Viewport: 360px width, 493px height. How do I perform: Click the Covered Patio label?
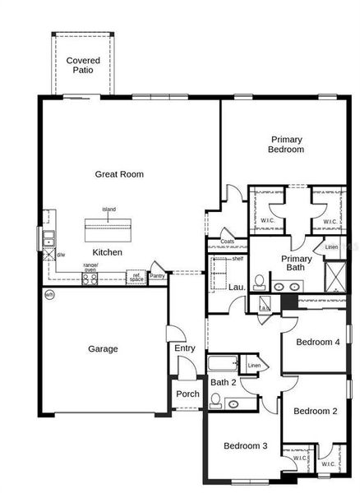pyautogui.click(x=83, y=65)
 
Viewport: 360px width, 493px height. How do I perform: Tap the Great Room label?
pyautogui.click(x=119, y=173)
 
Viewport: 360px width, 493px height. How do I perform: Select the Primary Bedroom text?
pyautogui.click(x=286, y=145)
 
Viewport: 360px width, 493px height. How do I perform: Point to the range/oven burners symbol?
pyautogui.click(x=90, y=278)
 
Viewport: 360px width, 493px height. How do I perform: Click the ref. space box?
pyautogui.click(x=136, y=277)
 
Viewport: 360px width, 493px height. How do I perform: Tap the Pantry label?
pyautogui.click(x=157, y=275)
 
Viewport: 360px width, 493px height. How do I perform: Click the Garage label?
pyautogui.click(x=103, y=348)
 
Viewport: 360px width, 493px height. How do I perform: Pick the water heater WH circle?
pyautogui.click(x=49, y=294)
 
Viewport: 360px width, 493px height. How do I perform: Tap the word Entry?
pyautogui.click(x=185, y=348)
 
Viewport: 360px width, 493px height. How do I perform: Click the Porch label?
pyautogui.click(x=187, y=394)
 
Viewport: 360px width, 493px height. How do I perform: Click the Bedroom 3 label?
pyautogui.click(x=245, y=445)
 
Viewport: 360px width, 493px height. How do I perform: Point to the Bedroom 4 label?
pyautogui.click(x=318, y=342)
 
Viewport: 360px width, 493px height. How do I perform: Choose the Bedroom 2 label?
pyautogui.click(x=316, y=411)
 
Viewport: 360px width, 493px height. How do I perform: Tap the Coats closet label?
pyautogui.click(x=228, y=242)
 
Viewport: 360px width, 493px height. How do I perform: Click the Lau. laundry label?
pyautogui.click(x=238, y=287)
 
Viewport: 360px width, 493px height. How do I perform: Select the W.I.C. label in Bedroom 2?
pyautogui.click(x=329, y=464)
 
